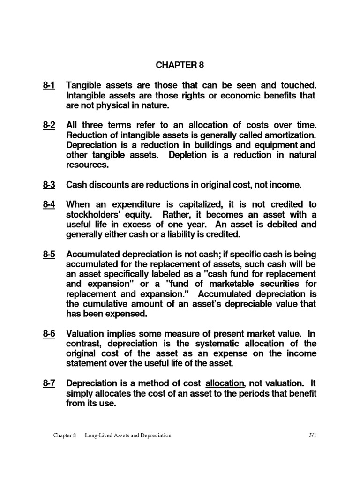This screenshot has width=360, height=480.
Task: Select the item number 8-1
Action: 48,86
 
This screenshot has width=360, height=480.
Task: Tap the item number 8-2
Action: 48,125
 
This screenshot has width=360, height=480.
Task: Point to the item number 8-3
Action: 48,185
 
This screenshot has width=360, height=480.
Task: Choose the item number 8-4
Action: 48,204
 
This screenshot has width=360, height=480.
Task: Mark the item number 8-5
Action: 48,255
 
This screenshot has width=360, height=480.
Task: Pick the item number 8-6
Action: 48,334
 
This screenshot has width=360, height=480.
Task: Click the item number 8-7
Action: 48,383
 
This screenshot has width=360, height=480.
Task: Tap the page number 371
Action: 313,435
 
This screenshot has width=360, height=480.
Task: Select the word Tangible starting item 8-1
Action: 85,86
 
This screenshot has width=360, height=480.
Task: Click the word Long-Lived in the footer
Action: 99,435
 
